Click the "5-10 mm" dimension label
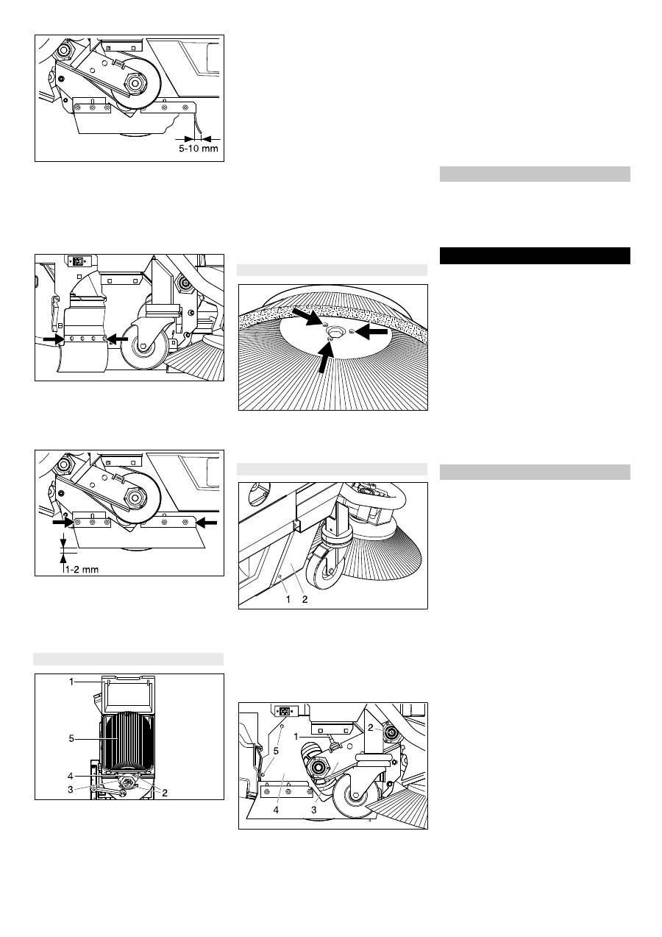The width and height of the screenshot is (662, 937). [x=199, y=149]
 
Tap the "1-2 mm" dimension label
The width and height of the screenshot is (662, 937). [x=82, y=569]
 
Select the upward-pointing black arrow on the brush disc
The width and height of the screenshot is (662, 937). [x=327, y=357]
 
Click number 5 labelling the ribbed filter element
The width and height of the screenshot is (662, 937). [x=71, y=738]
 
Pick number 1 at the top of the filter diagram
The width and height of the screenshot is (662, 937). [x=71, y=682]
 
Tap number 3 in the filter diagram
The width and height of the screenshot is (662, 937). [x=71, y=788]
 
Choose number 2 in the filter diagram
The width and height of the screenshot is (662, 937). [x=165, y=793]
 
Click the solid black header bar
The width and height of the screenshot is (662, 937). [x=535, y=255]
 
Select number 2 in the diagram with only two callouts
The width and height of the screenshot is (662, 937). [x=305, y=599]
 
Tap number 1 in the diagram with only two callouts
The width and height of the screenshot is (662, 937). [x=288, y=599]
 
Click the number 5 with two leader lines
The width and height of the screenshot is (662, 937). [x=276, y=752]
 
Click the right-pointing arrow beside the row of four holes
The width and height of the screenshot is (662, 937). [x=54, y=340]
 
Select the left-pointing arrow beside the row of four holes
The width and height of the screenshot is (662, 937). [x=117, y=339]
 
